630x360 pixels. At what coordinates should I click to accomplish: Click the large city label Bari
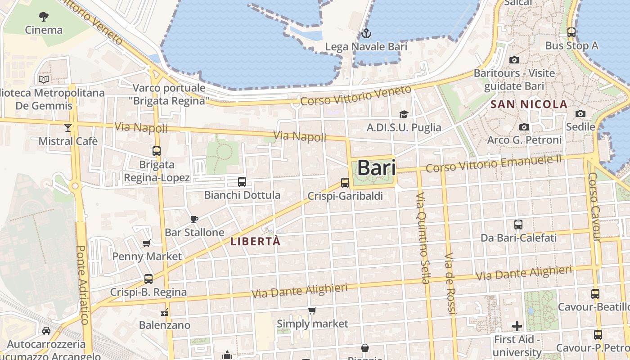(x=377, y=168)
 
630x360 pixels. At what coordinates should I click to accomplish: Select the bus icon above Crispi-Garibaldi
(x=345, y=182)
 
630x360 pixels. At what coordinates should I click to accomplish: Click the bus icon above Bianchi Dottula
(x=242, y=182)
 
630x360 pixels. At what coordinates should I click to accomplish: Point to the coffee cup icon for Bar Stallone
(x=194, y=219)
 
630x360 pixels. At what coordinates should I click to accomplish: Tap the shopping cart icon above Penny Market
(x=146, y=243)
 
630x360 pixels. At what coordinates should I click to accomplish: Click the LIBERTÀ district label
(x=255, y=241)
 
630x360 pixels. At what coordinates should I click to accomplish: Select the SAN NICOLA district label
(x=529, y=104)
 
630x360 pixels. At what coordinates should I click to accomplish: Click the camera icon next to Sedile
(x=580, y=113)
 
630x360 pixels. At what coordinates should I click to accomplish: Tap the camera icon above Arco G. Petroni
(x=524, y=127)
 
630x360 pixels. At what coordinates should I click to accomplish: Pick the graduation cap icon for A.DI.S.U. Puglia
(x=404, y=114)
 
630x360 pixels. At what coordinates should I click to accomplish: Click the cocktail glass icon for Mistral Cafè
(x=67, y=128)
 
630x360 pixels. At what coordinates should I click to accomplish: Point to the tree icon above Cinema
(x=44, y=17)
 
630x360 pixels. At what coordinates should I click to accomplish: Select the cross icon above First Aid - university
(x=517, y=326)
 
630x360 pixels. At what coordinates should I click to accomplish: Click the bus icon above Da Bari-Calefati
(x=518, y=224)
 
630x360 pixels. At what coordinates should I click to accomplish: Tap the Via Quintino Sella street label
(x=422, y=238)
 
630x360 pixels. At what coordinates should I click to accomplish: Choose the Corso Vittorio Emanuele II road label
(x=494, y=163)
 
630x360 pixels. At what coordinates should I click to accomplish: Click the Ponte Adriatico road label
(x=82, y=284)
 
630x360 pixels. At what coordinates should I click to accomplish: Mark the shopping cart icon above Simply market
(x=312, y=310)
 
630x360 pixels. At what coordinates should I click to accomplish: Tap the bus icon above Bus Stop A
(x=571, y=32)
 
